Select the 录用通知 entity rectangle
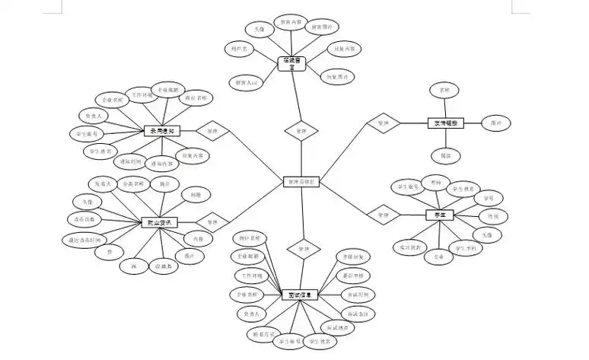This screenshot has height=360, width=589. coord(161,131)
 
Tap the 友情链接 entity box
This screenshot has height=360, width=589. coord(446,123)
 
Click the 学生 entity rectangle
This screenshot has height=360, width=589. coord(438,215)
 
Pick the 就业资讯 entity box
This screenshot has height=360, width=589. coord(161,223)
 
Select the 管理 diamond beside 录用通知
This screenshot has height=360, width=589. coord(212,131)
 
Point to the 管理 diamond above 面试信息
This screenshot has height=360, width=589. coord(303,248)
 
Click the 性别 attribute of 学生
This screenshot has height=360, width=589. coord(492,216)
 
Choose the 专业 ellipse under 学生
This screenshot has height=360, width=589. coord(438,256)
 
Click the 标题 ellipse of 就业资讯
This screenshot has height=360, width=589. coord(196,196)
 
